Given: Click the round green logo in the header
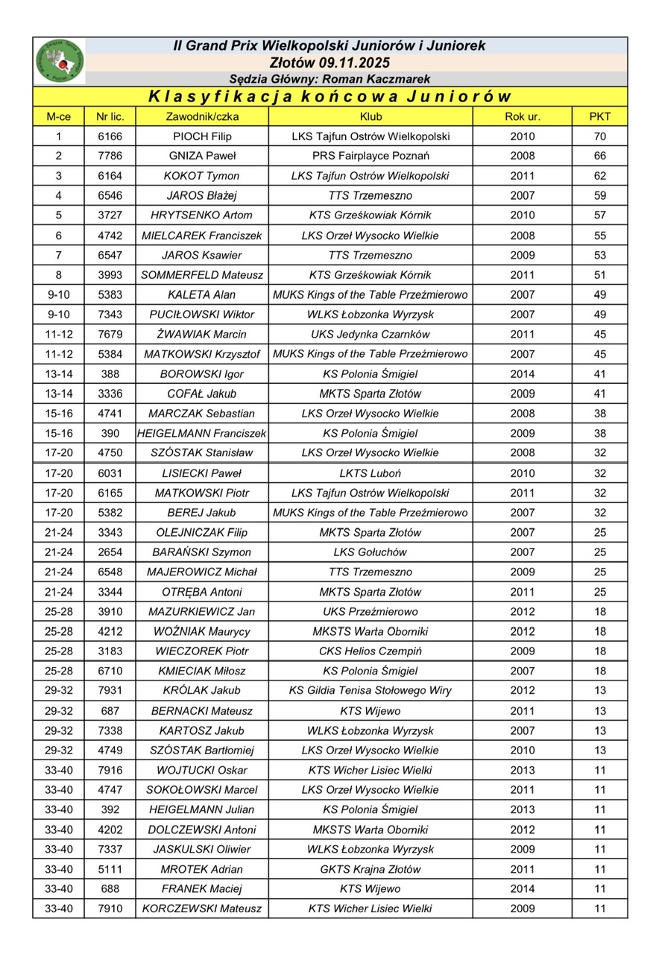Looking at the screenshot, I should (60, 61).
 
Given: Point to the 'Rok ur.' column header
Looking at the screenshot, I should (522, 117).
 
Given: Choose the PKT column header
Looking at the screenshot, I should (599, 117).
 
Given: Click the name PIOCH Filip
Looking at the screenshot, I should (202, 136).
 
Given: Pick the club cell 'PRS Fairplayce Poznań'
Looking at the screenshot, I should (371, 156).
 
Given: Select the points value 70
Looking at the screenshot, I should (599, 136).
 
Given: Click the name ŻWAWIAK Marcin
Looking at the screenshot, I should (202, 334).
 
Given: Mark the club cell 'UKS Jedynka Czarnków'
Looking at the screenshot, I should (371, 334).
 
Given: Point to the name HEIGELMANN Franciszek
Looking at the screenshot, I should (202, 433).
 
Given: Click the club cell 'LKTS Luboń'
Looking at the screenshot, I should (371, 473).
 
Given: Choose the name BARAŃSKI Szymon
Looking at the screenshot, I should (202, 552).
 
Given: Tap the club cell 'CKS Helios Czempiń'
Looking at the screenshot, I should (371, 651).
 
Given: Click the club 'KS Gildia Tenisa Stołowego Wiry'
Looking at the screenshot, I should (371, 691).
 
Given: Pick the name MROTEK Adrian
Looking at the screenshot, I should (202, 869).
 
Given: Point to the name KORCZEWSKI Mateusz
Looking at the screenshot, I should (202, 909).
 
